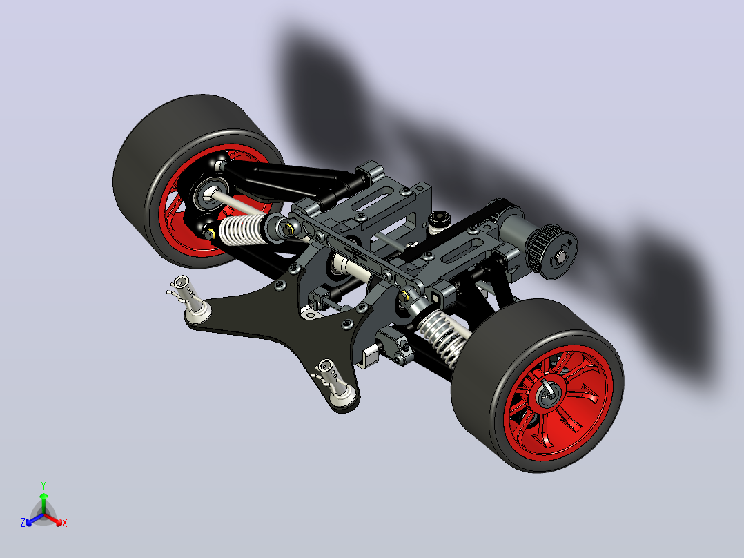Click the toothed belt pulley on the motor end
tap(552, 251)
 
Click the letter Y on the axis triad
tap(43, 486)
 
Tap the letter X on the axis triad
tap(65, 523)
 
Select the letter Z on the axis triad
tap(23, 523)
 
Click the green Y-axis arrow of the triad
tap(43, 503)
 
